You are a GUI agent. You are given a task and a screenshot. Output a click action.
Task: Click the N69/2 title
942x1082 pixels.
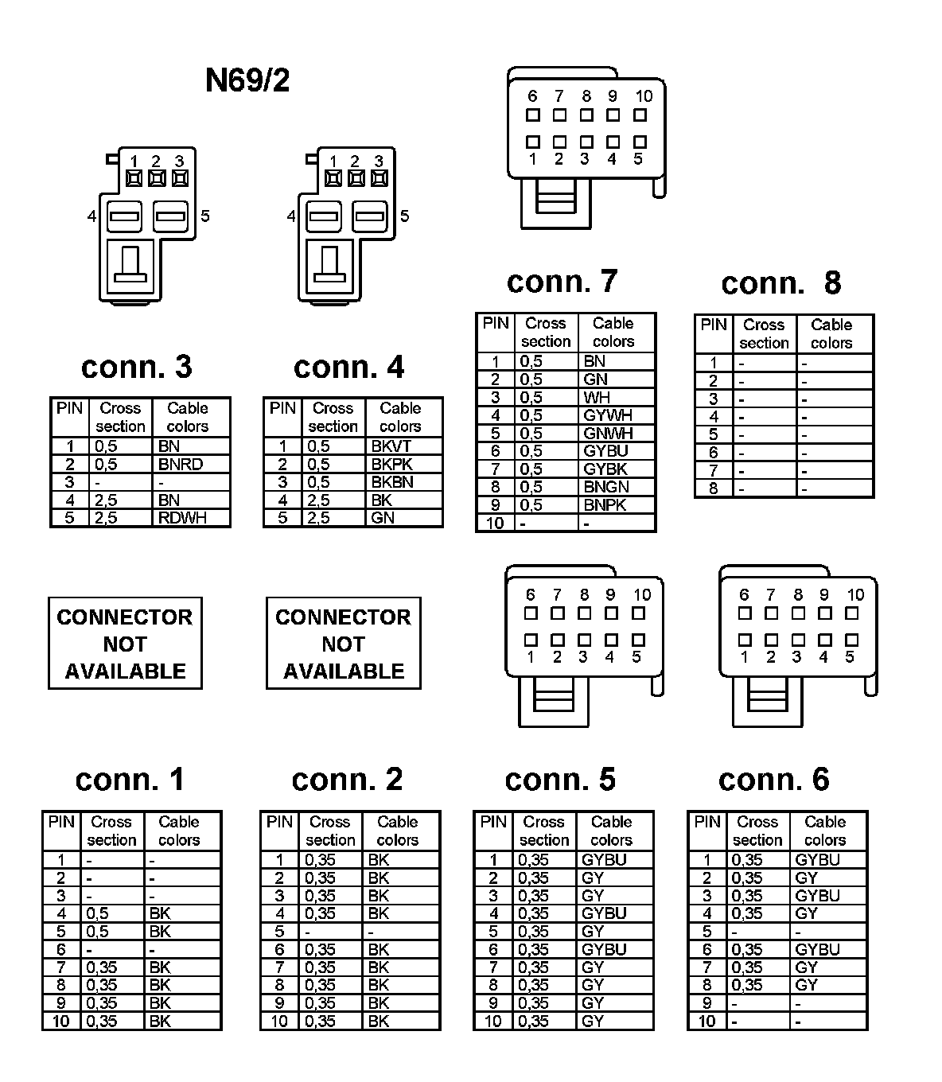pos(247,80)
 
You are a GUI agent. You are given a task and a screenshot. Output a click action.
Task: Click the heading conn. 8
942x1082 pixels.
pos(780,283)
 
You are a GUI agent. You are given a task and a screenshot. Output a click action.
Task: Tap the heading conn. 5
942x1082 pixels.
pos(560,780)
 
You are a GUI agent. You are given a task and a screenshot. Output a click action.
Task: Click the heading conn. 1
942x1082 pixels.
pos(130,780)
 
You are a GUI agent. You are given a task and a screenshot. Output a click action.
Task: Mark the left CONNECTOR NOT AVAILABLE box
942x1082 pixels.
pos(125,644)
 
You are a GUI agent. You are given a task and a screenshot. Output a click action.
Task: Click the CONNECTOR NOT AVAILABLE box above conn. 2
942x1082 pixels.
pos(343,644)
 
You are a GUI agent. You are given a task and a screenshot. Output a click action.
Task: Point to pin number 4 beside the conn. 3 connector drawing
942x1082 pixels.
pos(92,216)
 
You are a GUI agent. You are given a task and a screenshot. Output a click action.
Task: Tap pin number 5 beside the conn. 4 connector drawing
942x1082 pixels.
pos(404,216)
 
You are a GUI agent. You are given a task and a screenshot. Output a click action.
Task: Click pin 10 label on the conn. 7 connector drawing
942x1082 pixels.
pos(644,96)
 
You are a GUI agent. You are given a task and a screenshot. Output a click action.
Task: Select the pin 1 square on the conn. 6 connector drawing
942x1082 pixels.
pos(745,640)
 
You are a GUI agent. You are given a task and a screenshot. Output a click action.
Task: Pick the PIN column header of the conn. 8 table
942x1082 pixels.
pos(714,325)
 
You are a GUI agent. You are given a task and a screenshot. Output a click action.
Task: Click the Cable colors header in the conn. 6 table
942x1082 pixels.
pos(825,831)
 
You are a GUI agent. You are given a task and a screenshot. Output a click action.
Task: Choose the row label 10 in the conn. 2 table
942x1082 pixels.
pos(279,1022)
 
